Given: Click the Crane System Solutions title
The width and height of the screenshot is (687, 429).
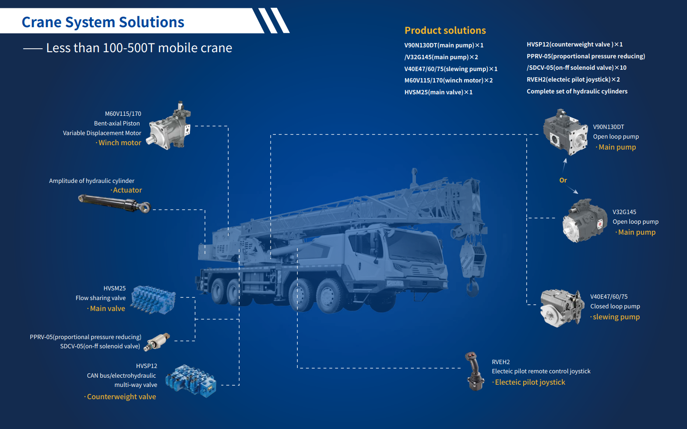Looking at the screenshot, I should (x=103, y=22).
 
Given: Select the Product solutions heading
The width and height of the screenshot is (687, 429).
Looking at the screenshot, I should (x=445, y=30).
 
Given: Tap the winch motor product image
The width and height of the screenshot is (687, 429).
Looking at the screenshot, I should (x=170, y=127).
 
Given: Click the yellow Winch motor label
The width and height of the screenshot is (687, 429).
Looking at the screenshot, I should (x=120, y=143).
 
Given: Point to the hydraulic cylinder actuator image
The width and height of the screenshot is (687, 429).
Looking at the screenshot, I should (x=114, y=204).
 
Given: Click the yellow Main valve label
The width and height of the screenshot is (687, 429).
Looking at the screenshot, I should (x=107, y=308).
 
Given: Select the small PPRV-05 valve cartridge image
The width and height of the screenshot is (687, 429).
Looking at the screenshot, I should (x=158, y=341).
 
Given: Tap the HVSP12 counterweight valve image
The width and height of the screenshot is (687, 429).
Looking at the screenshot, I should (x=191, y=381).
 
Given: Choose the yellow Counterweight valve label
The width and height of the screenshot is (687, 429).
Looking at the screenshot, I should (x=121, y=397).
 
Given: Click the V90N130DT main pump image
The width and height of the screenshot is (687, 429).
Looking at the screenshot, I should (x=565, y=132).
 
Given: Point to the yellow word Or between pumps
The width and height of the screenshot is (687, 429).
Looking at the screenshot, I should (x=563, y=180).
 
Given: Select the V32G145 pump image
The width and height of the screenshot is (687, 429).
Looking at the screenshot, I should (x=584, y=221).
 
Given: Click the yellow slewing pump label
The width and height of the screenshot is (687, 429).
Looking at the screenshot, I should (x=616, y=317).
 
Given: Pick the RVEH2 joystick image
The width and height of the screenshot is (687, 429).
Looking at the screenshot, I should (x=474, y=372).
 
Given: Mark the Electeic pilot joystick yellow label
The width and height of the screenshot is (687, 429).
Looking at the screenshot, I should (x=530, y=382).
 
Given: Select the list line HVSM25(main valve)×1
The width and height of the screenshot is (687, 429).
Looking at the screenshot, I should (x=438, y=92).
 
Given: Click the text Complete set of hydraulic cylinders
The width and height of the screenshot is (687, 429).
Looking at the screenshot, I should (x=577, y=91).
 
